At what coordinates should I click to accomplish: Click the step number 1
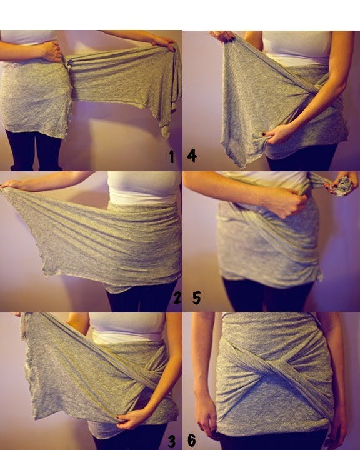click(x=171, y=156)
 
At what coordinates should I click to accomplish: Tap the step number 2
click(x=177, y=297)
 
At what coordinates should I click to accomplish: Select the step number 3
click(x=171, y=441)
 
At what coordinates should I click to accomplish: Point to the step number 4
click(x=191, y=155)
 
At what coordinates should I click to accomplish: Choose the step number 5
click(x=196, y=297)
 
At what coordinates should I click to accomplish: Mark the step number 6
click(x=192, y=441)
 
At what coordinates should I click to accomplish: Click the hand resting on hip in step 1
click(x=51, y=51)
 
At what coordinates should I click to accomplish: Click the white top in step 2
click(x=144, y=187)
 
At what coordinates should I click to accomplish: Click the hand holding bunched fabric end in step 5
click(x=342, y=183)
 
